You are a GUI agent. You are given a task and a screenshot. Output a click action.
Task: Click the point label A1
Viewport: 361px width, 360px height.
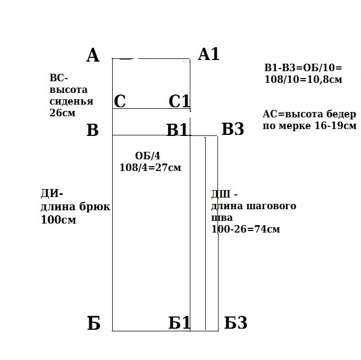pyautogui.click(x=208, y=54)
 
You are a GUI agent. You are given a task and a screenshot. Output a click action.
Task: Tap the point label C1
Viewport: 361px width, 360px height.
pyautogui.click(x=179, y=101)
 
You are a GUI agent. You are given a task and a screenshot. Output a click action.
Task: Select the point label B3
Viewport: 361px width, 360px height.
pyautogui.click(x=232, y=128)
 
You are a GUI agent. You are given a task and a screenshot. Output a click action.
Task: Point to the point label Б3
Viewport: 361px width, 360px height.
pyautogui.click(x=236, y=322)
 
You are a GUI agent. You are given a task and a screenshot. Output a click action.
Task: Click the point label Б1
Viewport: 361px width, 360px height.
pyautogui.click(x=179, y=322)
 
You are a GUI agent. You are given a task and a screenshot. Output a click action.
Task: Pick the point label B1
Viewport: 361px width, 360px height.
pyautogui.click(x=177, y=130)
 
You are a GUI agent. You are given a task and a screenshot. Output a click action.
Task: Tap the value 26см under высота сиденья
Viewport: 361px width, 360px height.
pyautogui.click(x=62, y=113)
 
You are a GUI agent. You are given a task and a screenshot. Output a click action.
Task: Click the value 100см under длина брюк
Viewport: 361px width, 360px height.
pyautogui.click(x=58, y=219)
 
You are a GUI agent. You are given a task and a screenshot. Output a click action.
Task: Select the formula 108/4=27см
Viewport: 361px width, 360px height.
pyautogui.click(x=150, y=167)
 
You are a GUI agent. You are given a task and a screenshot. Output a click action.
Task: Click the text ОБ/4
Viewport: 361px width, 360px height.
pyautogui.click(x=148, y=156)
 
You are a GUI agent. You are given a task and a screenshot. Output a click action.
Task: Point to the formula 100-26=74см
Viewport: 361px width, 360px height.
pyautogui.click(x=246, y=229)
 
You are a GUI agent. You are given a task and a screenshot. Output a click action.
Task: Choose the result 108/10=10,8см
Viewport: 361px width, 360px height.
pyautogui.click(x=304, y=80)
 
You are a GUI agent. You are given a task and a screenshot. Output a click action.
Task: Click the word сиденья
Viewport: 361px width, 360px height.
pyautogui.click(x=71, y=101)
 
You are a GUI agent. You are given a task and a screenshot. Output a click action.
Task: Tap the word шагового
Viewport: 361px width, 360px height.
pyautogui.click(x=271, y=206)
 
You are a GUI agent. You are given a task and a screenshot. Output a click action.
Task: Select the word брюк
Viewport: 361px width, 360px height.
pyautogui.click(x=95, y=207)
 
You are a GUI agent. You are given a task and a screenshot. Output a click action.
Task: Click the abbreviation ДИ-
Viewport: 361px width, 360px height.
pyautogui.click(x=52, y=194)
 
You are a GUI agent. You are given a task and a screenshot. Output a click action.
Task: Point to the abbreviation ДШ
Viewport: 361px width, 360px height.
pyautogui.click(x=221, y=194)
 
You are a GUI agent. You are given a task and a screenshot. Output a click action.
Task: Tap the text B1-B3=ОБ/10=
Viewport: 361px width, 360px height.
pyautogui.click(x=304, y=68)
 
